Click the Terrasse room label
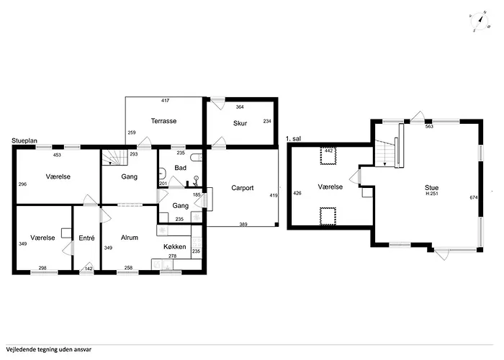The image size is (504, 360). (163, 121)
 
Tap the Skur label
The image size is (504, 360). (240, 123)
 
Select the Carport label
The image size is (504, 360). (243, 188)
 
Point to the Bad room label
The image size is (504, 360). (180, 168)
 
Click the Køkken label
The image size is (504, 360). (174, 246)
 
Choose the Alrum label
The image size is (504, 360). (130, 238)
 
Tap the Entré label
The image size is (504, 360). (86, 238)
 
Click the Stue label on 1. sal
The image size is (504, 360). (432, 187)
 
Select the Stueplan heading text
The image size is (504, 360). (24, 141)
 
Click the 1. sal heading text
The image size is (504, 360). (294, 139)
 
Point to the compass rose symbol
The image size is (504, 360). (480, 21)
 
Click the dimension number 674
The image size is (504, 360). (474, 197)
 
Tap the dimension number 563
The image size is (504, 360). (429, 126)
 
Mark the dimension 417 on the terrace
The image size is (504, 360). (165, 101)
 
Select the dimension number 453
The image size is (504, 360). (57, 155)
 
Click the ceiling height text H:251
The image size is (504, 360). (432, 194)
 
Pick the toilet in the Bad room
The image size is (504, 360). (196, 157)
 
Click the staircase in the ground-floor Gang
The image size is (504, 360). (115, 158)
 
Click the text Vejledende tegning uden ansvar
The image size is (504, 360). (48, 349)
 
